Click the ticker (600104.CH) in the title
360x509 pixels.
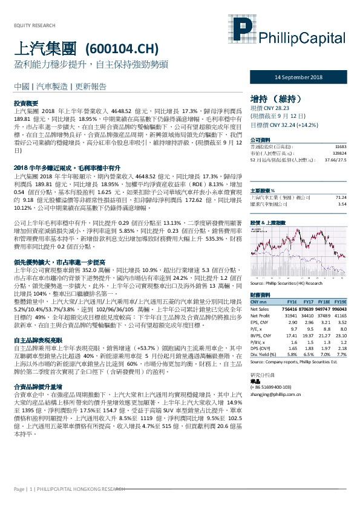123,47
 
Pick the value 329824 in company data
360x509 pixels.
338,154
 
